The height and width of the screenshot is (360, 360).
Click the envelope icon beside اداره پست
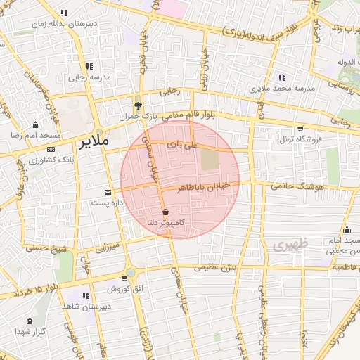point(108,192)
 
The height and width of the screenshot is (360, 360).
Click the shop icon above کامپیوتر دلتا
point(165,212)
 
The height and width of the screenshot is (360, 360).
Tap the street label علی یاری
point(188,144)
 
